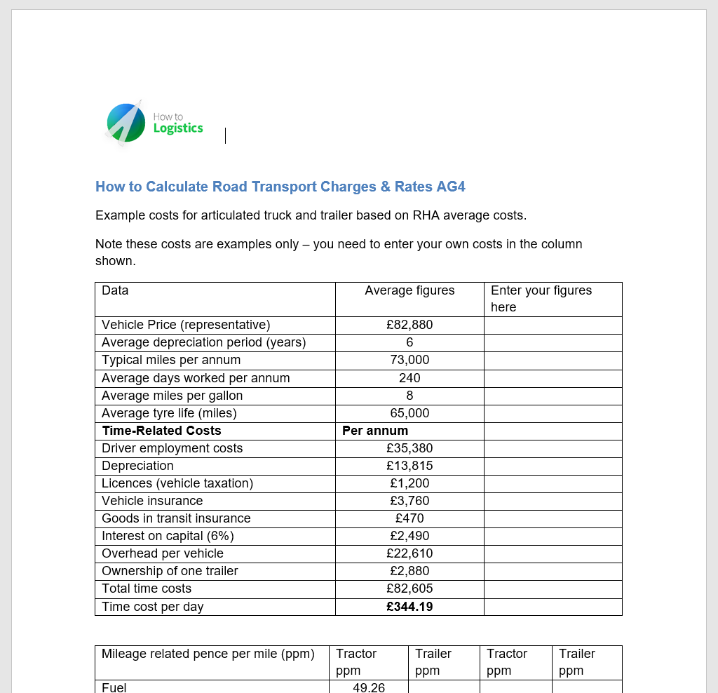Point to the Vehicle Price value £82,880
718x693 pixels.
tap(409, 325)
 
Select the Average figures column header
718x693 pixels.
tap(409, 290)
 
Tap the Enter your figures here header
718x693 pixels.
tap(541, 298)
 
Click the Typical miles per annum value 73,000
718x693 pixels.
tap(409, 360)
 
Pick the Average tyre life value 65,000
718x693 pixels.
tap(409, 413)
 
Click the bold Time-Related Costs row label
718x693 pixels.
tap(161, 431)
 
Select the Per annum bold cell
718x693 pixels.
tap(375, 431)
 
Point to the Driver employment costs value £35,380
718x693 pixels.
tap(409, 448)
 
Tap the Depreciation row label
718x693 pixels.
tap(137, 466)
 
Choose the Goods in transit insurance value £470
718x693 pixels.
tap(409, 518)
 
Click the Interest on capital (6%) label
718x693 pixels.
tap(168, 536)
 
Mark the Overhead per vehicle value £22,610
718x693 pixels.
tap(409, 553)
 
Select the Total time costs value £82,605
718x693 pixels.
tap(409, 588)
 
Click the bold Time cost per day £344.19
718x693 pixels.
tap(409, 607)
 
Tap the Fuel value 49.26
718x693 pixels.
tap(369, 687)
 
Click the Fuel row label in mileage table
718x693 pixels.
tap(114, 687)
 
